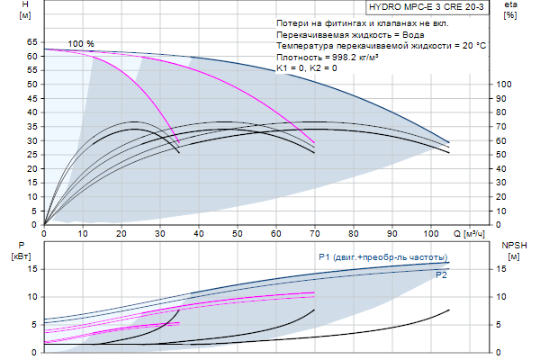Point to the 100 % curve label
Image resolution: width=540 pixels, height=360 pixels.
click(81, 44)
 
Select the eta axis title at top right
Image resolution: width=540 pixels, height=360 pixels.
click(510, 8)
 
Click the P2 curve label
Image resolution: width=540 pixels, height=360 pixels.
click(441, 275)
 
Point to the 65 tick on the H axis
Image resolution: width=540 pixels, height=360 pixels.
click(32, 42)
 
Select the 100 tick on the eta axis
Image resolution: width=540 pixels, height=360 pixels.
click(504, 85)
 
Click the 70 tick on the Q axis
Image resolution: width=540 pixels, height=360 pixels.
click(314, 235)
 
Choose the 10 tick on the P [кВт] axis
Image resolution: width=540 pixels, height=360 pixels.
click(32, 296)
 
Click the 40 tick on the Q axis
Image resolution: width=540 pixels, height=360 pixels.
click(198, 235)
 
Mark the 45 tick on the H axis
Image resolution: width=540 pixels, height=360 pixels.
click(32, 98)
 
